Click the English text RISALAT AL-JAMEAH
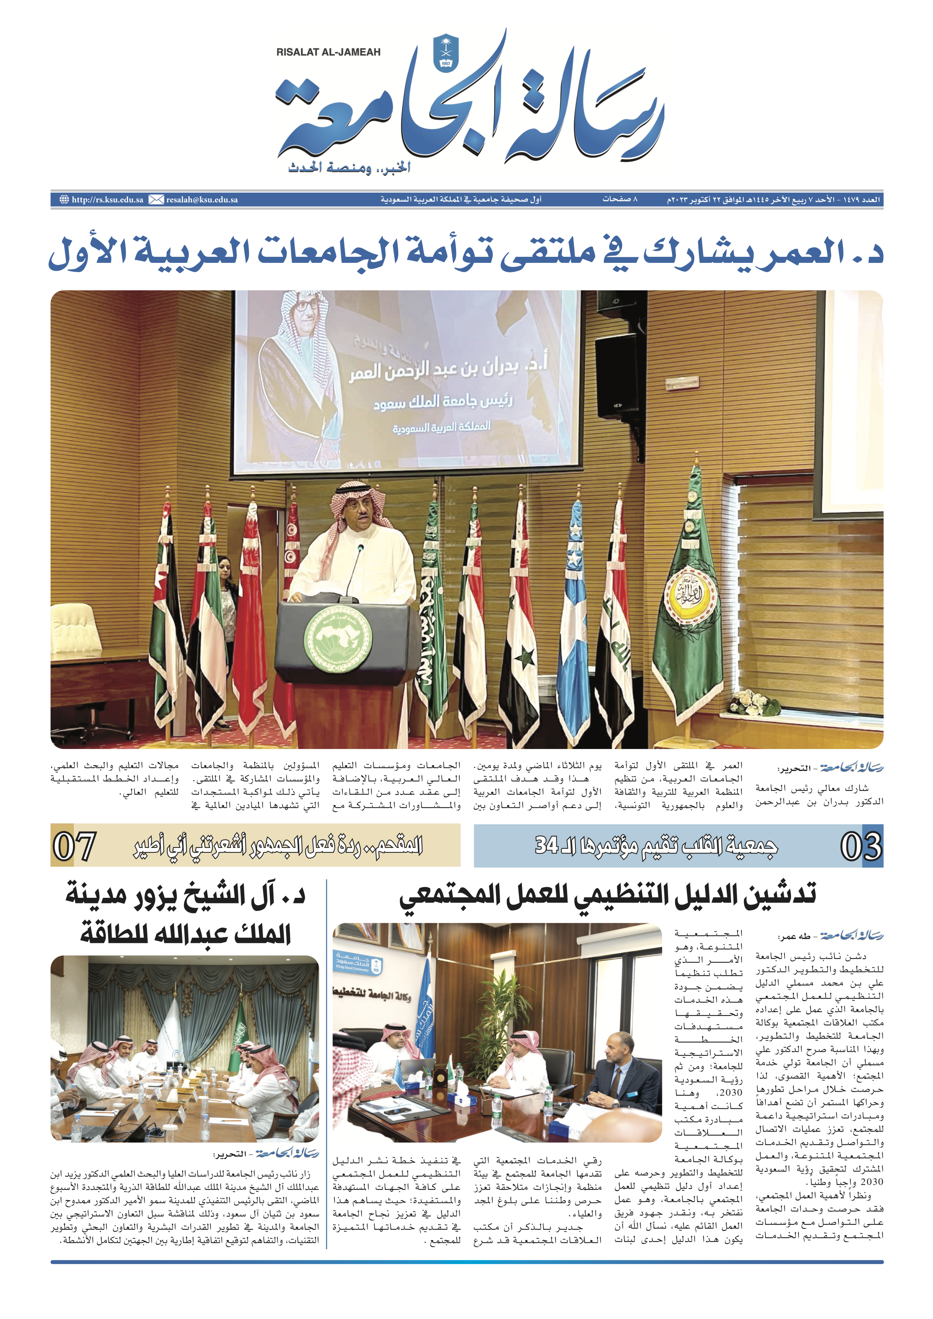coord(328,52)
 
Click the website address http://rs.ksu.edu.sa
coord(107,200)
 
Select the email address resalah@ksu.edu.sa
coord(202,200)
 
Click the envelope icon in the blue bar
coord(156,200)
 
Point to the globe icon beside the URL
coord(64,200)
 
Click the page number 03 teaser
coord(860,846)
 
